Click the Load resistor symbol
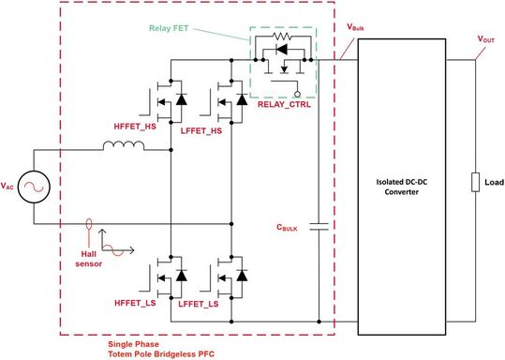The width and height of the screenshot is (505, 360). point(477,181)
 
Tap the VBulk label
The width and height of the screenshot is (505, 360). point(358,28)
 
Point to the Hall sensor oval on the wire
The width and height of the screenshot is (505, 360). point(89,225)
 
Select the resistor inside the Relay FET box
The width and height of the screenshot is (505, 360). point(277,43)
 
